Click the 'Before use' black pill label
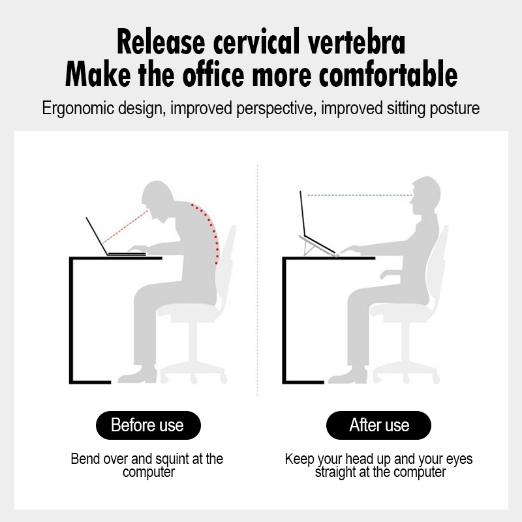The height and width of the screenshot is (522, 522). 148,425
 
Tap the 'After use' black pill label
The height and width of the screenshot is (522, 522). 378,425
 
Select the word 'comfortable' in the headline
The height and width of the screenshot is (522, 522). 388,74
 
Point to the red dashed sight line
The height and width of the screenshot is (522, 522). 125,227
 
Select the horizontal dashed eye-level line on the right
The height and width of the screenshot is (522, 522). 360,195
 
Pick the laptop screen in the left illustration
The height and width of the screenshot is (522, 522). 97,236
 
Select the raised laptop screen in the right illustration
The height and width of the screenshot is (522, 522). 303,213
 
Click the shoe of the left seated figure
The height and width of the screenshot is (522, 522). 138,375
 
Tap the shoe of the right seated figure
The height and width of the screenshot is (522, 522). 348,375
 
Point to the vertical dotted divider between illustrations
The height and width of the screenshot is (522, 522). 257,280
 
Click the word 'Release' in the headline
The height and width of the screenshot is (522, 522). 161,42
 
